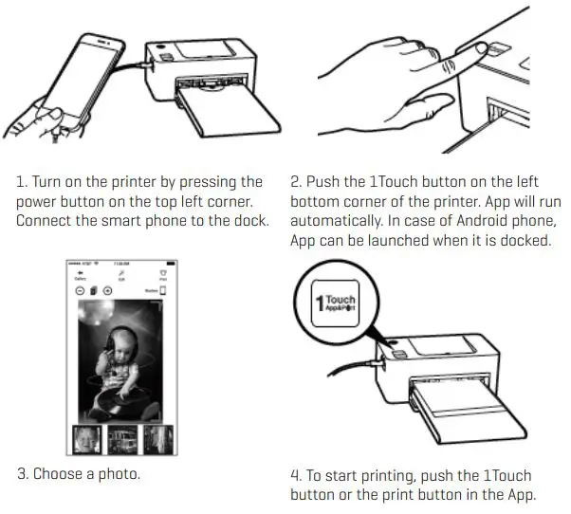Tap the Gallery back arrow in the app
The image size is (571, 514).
pos(82,272)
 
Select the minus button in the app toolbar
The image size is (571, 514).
pos(79,289)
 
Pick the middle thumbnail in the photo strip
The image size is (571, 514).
pos(123,441)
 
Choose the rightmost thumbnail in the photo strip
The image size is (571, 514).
pos(157,441)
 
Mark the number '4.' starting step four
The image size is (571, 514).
pos(296,475)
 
